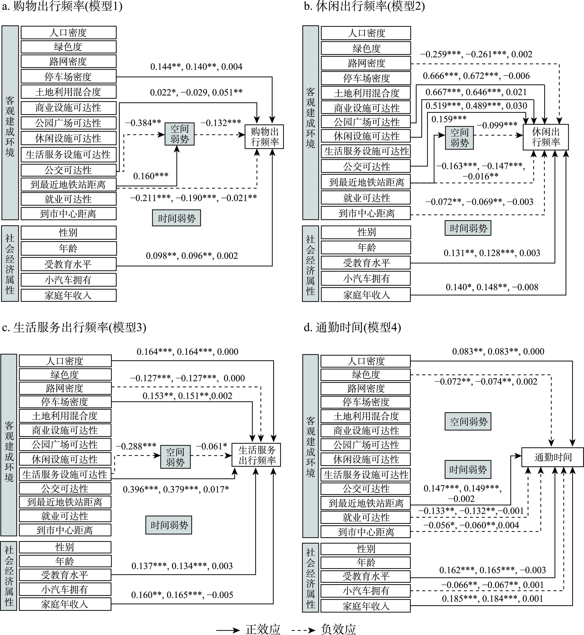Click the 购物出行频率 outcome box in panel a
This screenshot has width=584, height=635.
coord(264,137)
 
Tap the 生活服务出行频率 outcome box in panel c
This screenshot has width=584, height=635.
coord(256,455)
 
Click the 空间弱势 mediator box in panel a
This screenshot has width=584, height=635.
coord(180,134)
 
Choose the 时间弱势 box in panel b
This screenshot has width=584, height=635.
coord(468,228)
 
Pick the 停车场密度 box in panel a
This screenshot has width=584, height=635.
coord(68,77)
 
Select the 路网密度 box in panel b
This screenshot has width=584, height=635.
coord(366,63)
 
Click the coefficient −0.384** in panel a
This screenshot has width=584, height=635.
coord(143,123)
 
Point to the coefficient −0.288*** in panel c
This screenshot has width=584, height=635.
coord(136,446)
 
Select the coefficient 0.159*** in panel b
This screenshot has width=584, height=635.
coord(449,119)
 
